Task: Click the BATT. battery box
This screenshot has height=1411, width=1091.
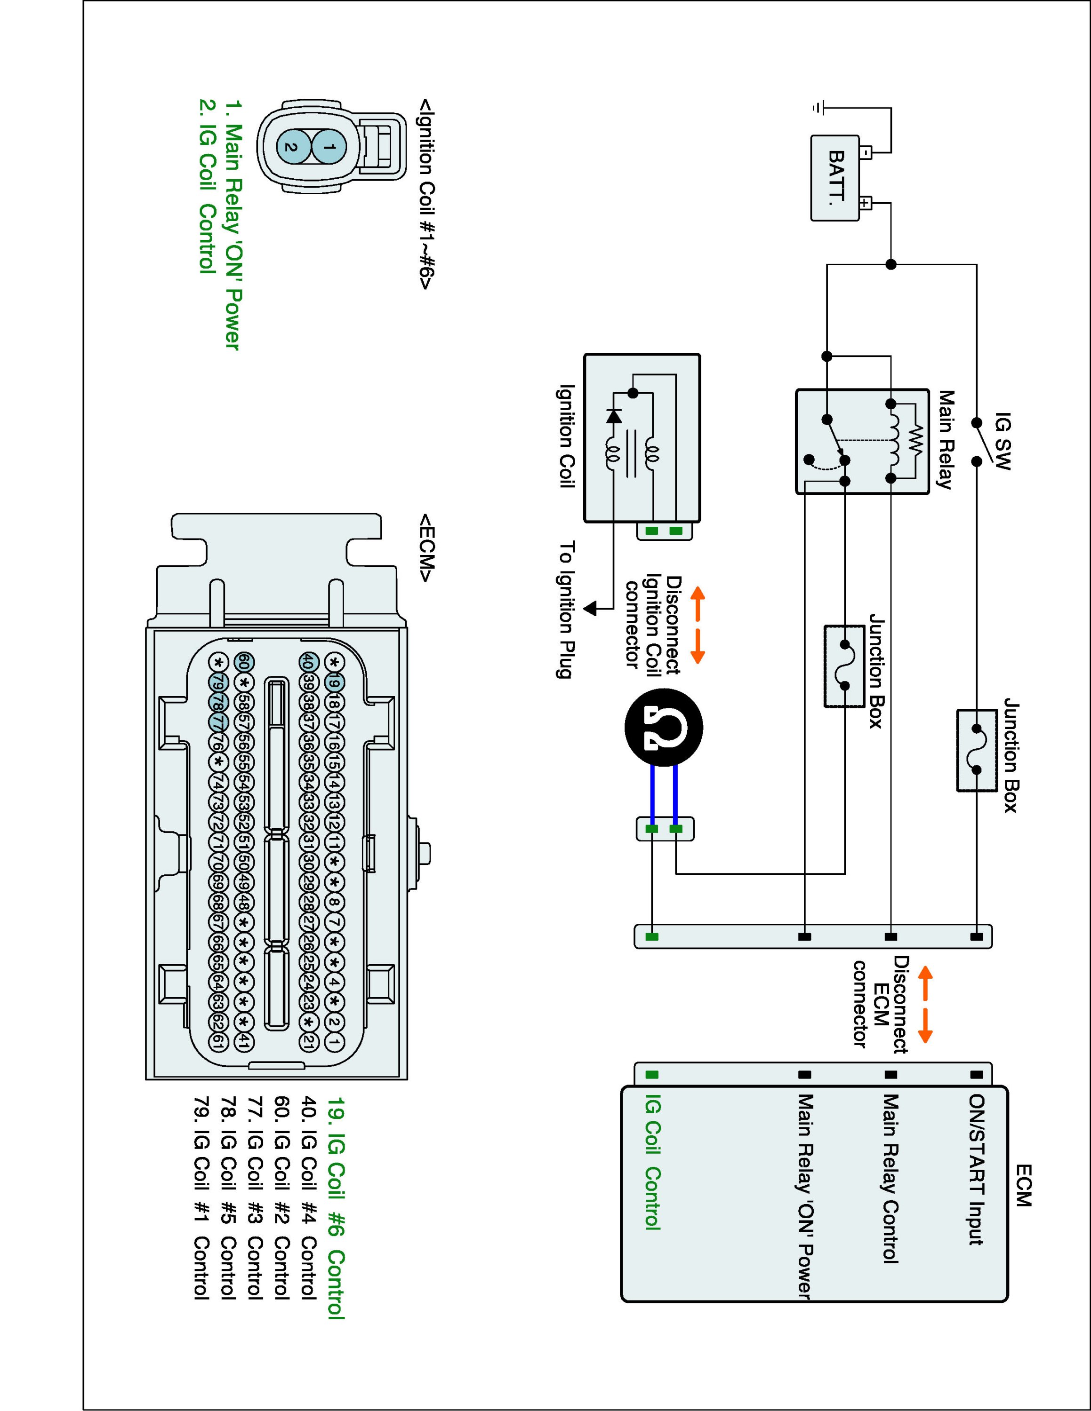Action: [835, 178]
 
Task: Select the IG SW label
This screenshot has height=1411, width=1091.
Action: [1003, 441]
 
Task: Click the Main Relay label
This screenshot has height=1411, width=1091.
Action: [946, 440]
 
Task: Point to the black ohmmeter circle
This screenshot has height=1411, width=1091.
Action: [663, 727]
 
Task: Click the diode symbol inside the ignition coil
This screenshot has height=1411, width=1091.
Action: [614, 416]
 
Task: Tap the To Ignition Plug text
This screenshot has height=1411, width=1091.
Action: [566, 610]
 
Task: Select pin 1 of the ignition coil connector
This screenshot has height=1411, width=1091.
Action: [329, 147]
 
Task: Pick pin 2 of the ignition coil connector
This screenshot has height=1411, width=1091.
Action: [291, 147]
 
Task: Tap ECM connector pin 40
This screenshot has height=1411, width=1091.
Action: [308, 662]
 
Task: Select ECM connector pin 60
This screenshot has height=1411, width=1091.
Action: [244, 662]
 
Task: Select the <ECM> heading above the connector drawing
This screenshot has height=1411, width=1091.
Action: [426, 548]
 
